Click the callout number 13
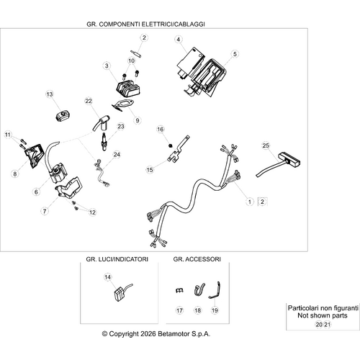point(50,94)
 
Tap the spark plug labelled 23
point(104,142)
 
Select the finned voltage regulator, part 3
point(127,89)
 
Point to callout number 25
point(266,145)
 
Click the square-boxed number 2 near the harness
point(262,202)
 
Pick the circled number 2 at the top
point(144,37)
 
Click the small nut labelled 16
point(170,145)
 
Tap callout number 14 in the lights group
point(108,277)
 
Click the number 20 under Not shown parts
point(319,325)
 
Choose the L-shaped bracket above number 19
point(215,290)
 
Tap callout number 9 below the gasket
point(138,120)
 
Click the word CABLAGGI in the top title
point(189,24)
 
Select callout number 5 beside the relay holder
point(235,54)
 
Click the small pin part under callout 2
point(136,53)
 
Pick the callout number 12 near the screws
point(92,212)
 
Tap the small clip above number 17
point(179,290)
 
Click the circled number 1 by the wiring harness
point(250,202)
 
